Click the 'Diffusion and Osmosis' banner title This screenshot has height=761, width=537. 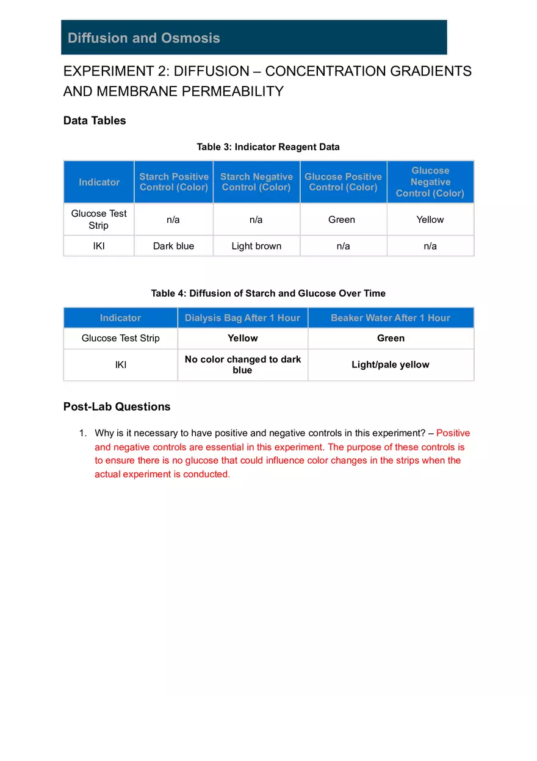[144, 38]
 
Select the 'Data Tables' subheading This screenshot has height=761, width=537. [95, 121]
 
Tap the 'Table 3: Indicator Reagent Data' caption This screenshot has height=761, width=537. [268, 147]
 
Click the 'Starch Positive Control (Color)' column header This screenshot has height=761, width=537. [174, 182]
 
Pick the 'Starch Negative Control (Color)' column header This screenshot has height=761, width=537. [256, 182]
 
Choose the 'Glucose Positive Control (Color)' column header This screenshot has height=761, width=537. [343, 182]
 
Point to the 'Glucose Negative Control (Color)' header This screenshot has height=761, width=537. [430, 182]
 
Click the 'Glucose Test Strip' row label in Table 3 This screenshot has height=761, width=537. [99, 219]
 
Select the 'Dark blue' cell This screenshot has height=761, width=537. [173, 246]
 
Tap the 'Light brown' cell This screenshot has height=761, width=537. [256, 246]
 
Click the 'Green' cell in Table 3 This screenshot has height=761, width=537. [342, 220]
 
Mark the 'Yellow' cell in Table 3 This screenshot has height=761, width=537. [430, 220]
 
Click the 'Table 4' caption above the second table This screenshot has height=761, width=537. [268, 294]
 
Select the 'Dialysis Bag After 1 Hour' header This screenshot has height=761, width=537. [242, 318]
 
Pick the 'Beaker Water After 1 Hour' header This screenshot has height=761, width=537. [391, 318]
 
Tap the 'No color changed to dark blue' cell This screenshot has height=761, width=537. [242, 365]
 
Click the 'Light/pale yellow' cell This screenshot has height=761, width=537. [391, 365]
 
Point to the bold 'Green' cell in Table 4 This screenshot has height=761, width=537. [391, 338]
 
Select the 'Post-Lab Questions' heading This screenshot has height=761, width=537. [117, 406]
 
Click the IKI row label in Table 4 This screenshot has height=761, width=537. [121, 365]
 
